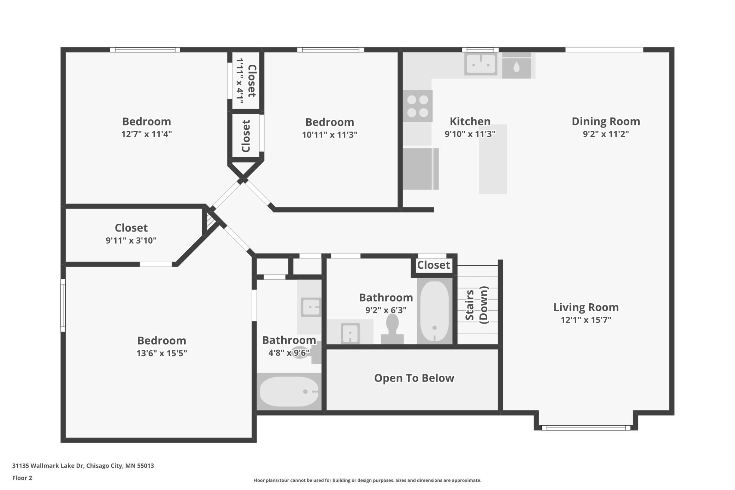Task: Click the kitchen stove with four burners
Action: (418, 106)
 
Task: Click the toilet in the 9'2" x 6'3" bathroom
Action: (392, 329)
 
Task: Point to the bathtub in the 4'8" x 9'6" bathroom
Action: (289, 391)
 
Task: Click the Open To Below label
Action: (414, 378)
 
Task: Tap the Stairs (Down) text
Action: (476, 305)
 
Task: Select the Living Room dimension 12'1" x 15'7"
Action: (586, 320)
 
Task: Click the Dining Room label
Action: (606, 121)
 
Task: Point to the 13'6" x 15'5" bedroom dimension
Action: (161, 353)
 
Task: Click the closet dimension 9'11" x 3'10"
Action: (131, 240)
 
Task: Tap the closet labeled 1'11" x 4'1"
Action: (246, 81)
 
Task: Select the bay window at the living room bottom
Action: (586, 428)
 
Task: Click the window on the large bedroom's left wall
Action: (63, 305)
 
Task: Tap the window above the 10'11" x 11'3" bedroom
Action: (330, 50)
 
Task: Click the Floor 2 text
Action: (22, 478)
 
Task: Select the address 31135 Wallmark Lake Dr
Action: (83, 466)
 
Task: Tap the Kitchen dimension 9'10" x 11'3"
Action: (470, 134)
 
